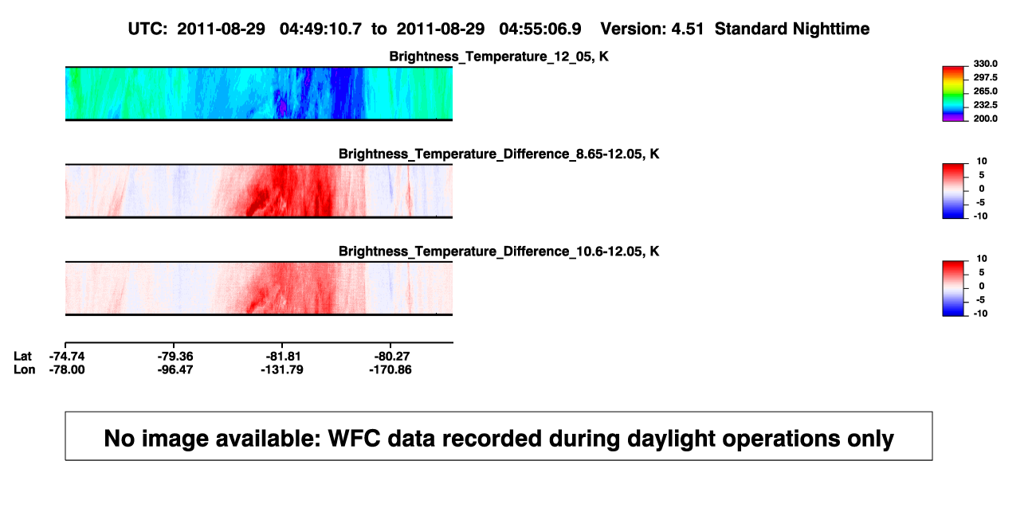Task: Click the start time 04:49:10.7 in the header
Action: [320, 29]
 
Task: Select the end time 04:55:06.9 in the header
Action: [540, 29]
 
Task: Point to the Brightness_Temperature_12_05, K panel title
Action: [499, 57]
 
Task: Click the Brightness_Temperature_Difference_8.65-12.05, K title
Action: [499, 154]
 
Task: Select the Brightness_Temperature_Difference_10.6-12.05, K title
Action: [499, 252]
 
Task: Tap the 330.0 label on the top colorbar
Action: [985, 64]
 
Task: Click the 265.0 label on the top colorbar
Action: [985, 91]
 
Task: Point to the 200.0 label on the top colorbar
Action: [985, 119]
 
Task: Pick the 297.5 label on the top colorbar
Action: [985, 77]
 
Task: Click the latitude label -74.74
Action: [67, 357]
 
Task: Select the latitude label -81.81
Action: [283, 357]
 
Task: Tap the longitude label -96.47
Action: [175, 369]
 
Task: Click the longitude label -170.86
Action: [390, 369]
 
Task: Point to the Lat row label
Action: [22, 357]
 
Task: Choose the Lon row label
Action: [24, 369]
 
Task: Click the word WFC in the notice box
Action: [354, 438]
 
